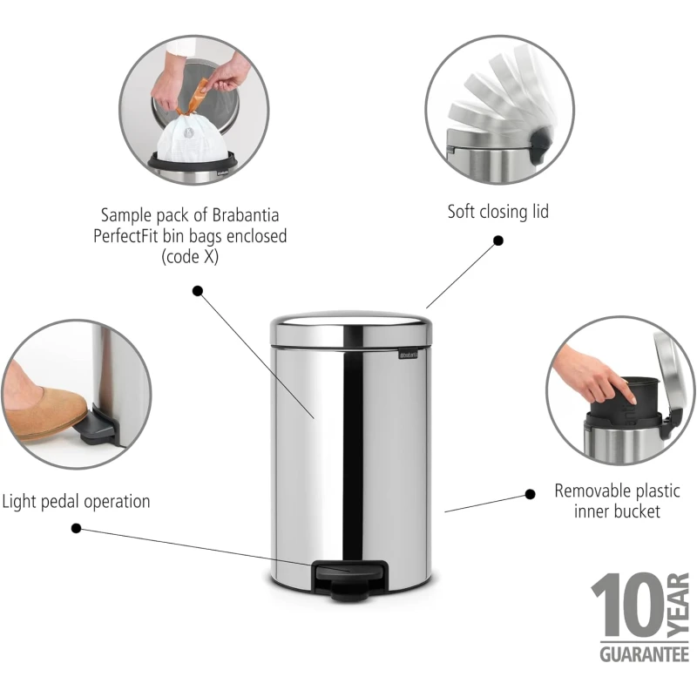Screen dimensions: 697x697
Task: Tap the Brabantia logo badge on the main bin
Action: (408, 354)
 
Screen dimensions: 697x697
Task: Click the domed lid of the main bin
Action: (351, 328)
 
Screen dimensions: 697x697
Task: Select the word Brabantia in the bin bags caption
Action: (246, 215)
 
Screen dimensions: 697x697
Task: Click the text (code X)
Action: (190, 257)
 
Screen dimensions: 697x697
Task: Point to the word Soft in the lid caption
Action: (461, 212)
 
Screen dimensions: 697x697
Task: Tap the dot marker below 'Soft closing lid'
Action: (498, 240)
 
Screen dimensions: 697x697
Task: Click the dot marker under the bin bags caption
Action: (198, 291)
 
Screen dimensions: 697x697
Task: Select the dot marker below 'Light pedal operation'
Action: (76, 528)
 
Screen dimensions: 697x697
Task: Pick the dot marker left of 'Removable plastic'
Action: (530, 494)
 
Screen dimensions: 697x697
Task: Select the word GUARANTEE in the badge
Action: (644, 654)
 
